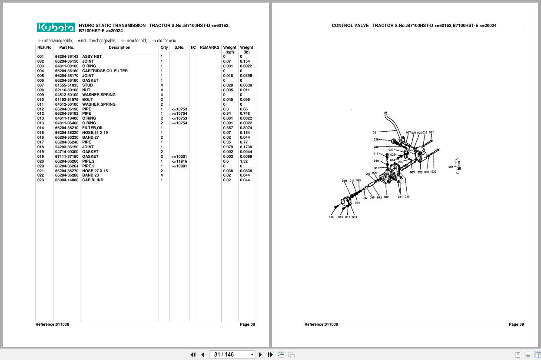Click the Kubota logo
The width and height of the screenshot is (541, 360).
click(x=56, y=28)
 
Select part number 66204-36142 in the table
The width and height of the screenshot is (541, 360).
click(x=66, y=57)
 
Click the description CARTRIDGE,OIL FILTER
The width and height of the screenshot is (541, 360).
click(x=105, y=71)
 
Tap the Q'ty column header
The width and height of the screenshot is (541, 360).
click(x=164, y=47)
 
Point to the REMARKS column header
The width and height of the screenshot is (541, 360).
click(x=209, y=47)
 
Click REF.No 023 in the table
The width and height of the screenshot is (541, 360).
click(x=40, y=180)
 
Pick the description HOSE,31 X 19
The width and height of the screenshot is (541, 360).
click(x=95, y=133)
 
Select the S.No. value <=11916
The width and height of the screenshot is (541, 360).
click(x=179, y=161)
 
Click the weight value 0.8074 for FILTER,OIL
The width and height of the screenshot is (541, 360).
click(x=246, y=128)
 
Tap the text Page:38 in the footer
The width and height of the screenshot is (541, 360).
click(x=247, y=324)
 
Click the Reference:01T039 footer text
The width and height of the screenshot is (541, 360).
click(x=321, y=324)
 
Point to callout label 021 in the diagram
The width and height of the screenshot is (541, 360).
click(x=375, y=133)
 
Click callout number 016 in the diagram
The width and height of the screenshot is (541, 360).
click(x=331, y=217)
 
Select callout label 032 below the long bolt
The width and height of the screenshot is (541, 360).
click(x=434, y=172)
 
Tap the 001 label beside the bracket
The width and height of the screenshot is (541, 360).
click(x=451, y=167)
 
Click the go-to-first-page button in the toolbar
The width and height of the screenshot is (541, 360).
click(x=193, y=355)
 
